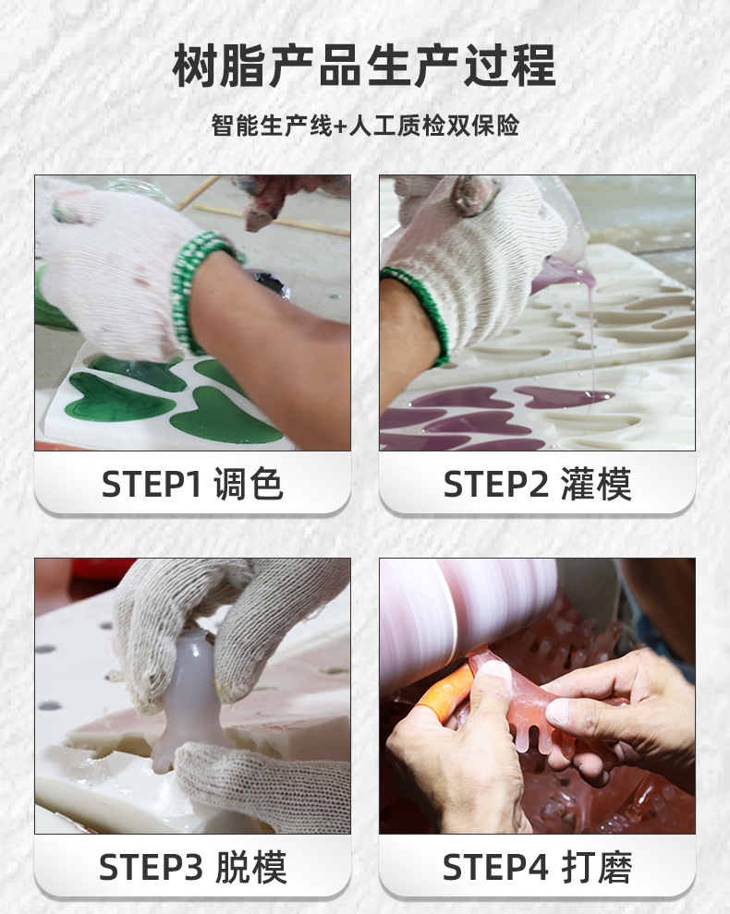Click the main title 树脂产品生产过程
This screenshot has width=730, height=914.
[365, 67]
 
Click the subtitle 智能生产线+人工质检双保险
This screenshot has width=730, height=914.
[365, 126]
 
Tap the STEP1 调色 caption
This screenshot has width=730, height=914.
[192, 484]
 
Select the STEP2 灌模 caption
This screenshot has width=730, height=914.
[537, 484]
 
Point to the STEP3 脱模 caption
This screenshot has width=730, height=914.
[192, 867]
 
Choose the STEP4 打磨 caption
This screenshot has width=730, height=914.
[537, 867]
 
